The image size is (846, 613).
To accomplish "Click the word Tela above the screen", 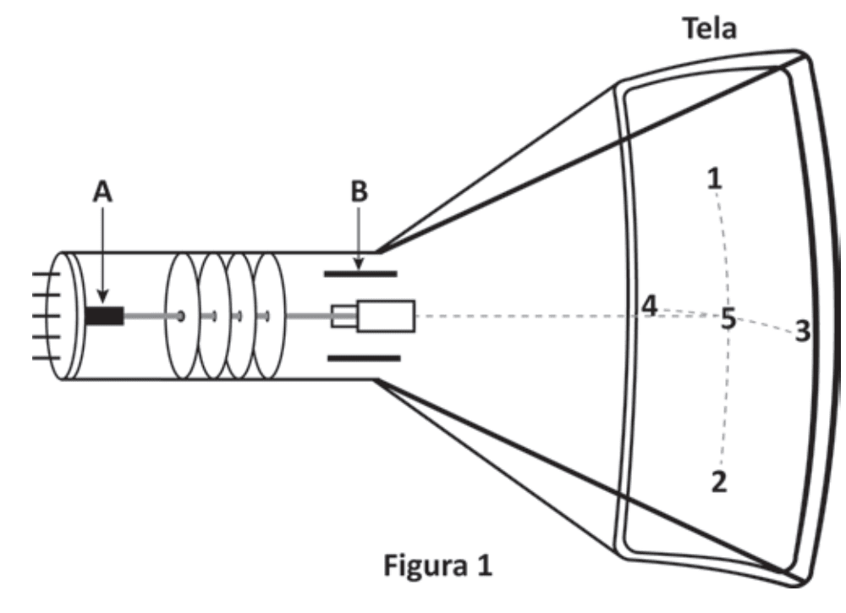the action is (x=710, y=28).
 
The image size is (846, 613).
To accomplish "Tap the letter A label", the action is (x=102, y=191).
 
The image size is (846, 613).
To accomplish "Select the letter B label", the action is (x=360, y=191).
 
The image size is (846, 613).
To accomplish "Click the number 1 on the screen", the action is (x=714, y=179).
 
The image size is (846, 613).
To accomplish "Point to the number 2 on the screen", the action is (x=719, y=482).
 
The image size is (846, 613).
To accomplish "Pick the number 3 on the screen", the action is (x=803, y=331).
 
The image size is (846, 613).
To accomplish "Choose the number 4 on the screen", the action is (x=650, y=306).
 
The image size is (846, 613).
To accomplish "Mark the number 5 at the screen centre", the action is (x=728, y=318).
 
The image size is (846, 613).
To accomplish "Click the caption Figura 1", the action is (x=437, y=566).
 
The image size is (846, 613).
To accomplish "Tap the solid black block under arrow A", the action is (x=105, y=316).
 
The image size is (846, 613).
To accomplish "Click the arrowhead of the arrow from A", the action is (x=103, y=296).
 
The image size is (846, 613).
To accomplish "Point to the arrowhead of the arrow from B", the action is (x=358, y=264).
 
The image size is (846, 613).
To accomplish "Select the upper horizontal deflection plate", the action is (x=360, y=274).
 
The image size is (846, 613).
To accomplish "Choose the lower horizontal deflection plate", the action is (x=364, y=358).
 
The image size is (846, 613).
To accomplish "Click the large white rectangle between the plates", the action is (x=385, y=316).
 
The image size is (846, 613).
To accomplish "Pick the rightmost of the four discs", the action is (x=269, y=316).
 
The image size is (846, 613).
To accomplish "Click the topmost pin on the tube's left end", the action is (x=46, y=274).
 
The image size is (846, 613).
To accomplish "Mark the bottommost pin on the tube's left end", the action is (x=46, y=357).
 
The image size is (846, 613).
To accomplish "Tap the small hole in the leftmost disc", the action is (x=181, y=316).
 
